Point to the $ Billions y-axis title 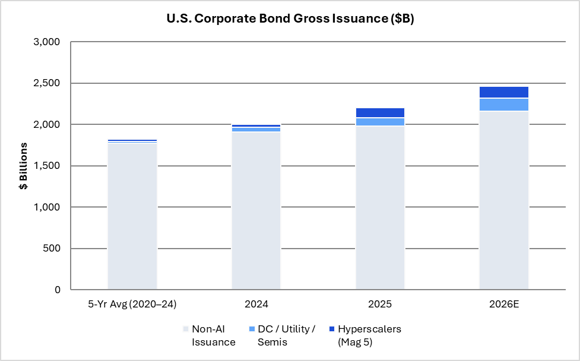[x=23, y=166]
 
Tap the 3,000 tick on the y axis [x=47, y=42]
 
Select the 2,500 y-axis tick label [x=47, y=83]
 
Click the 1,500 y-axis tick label [x=47, y=166]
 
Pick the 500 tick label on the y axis [x=52, y=249]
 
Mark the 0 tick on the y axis [x=58, y=290]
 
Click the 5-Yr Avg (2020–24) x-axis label [x=132, y=305]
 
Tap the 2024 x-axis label [x=256, y=305]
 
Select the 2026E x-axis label [x=504, y=305]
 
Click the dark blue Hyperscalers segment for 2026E [x=504, y=92]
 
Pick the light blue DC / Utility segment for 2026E [x=504, y=105]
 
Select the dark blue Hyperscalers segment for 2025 [x=381, y=112]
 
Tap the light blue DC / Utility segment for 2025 [x=381, y=122]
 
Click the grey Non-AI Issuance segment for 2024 [x=256, y=211]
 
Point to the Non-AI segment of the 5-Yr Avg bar [x=132, y=216]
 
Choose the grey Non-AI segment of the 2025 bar [x=381, y=208]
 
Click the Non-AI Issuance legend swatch [x=186, y=329]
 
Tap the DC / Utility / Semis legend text [x=287, y=335]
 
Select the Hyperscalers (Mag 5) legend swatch [x=332, y=329]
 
